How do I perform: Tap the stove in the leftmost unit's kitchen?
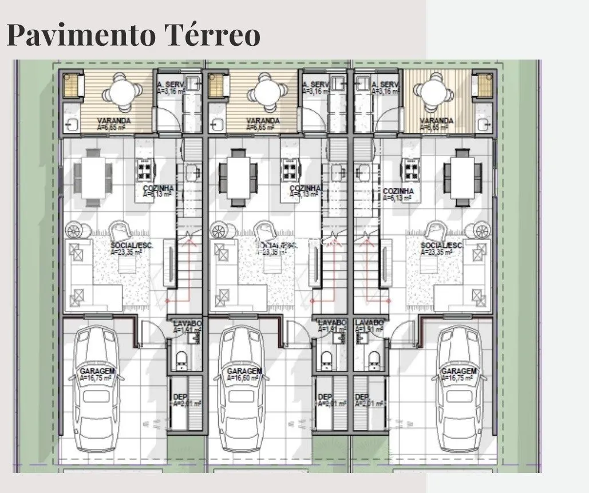pyautogui.click(x=144, y=168)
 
